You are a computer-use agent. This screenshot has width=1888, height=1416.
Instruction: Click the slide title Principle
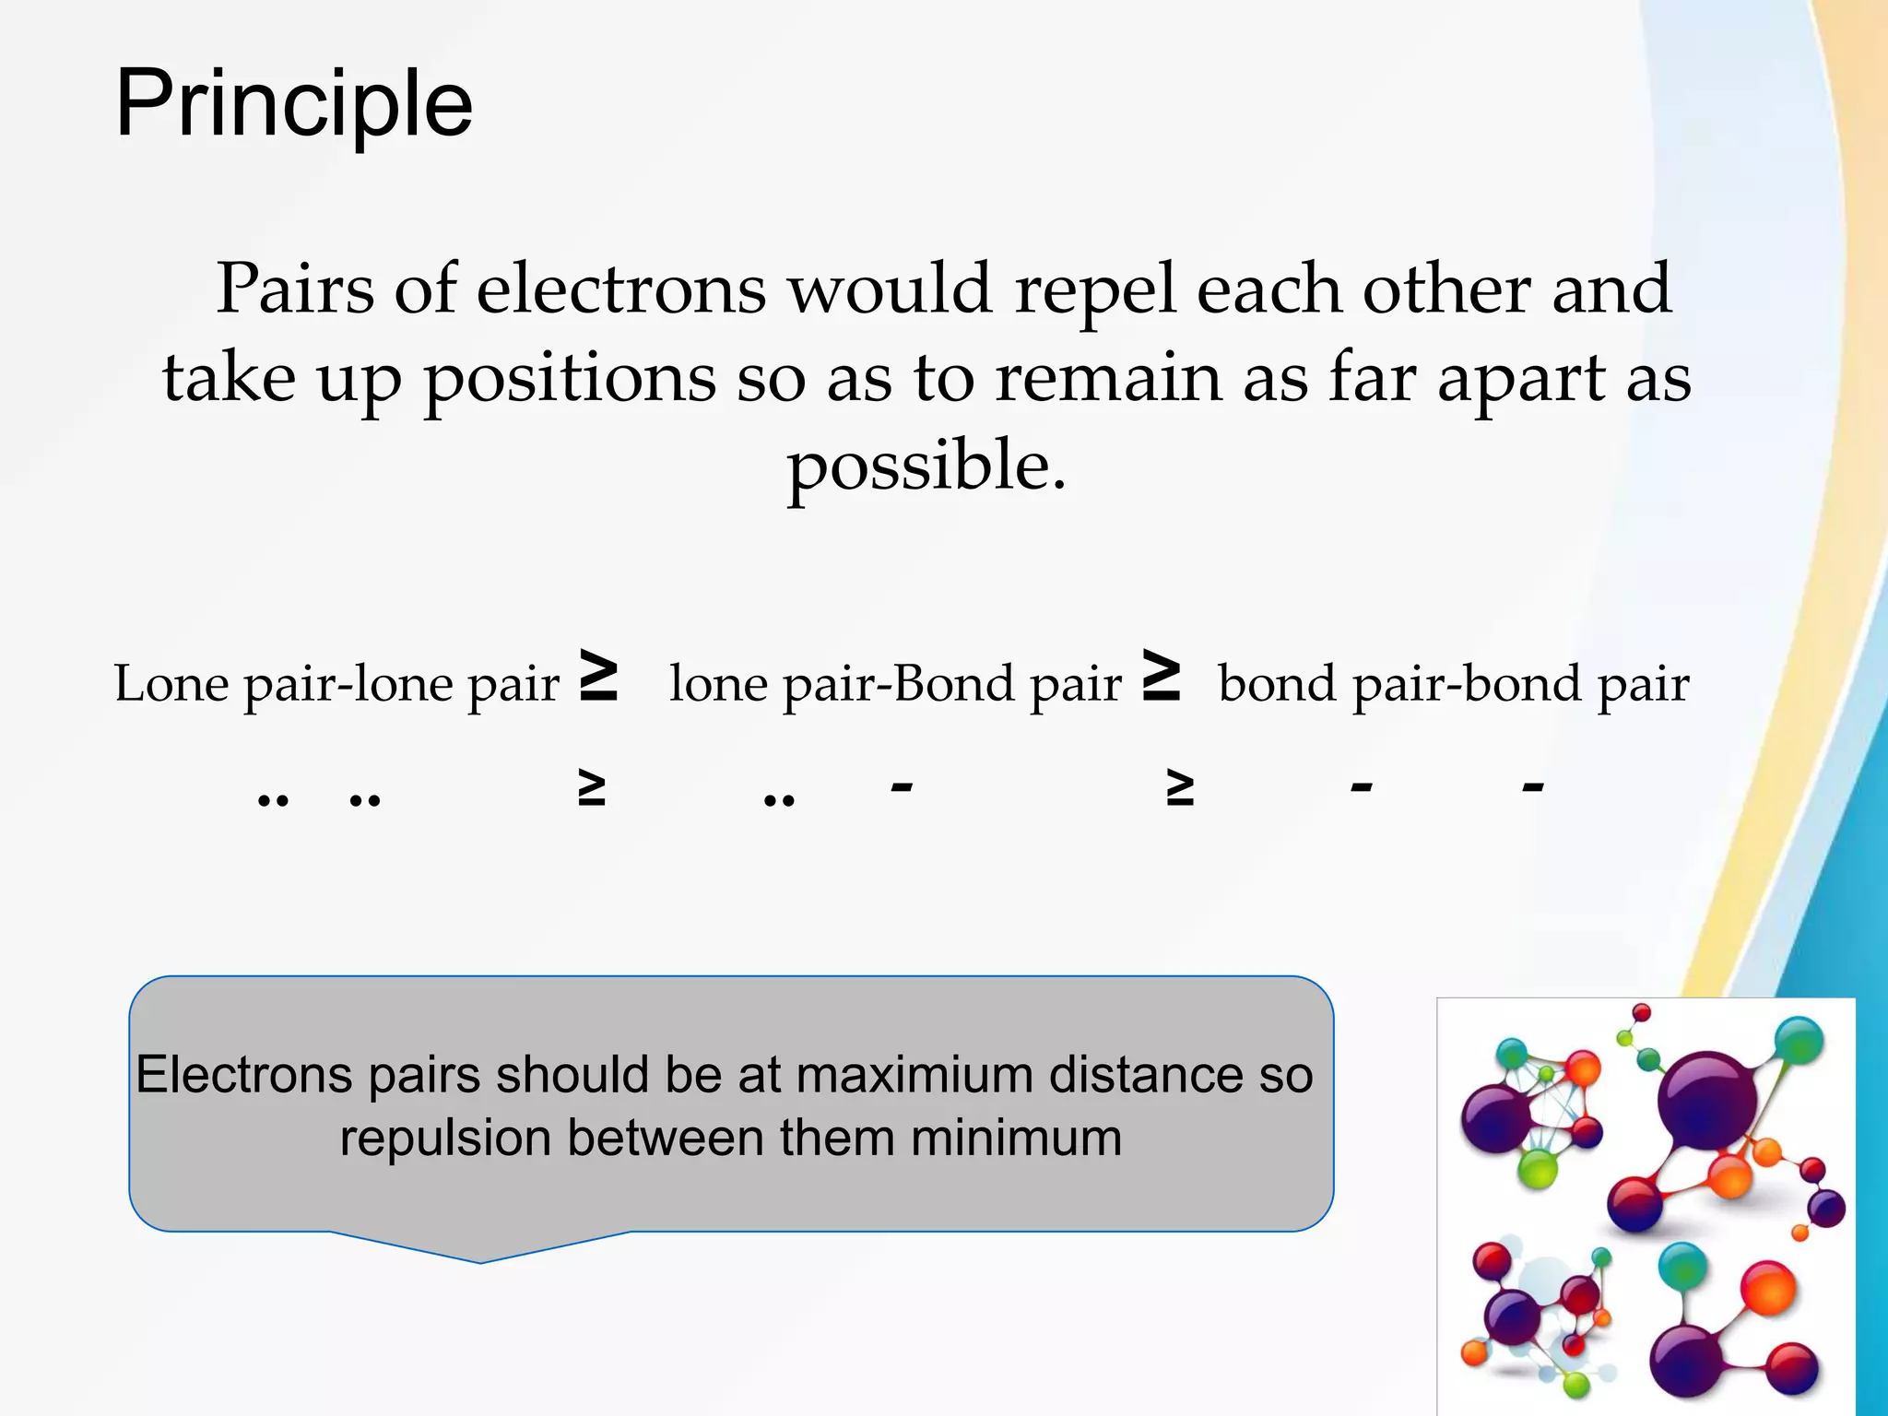[x=293, y=104]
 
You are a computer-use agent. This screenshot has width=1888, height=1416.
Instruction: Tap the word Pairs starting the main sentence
[x=295, y=289]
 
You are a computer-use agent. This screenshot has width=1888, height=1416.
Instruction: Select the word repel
[x=1095, y=289]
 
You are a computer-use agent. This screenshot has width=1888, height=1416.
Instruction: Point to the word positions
[x=569, y=380]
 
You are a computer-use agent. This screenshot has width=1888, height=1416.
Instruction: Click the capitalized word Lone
[x=171, y=684]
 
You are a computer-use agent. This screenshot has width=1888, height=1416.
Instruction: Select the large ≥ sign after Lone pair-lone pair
[x=598, y=675]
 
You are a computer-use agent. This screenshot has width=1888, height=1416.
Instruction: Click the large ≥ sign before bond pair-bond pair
[x=1162, y=675]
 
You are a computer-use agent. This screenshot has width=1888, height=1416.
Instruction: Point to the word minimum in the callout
[x=1016, y=1138]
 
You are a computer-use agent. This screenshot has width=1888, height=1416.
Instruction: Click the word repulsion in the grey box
[x=444, y=1139]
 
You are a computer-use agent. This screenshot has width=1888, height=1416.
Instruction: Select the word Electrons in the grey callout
[x=243, y=1075]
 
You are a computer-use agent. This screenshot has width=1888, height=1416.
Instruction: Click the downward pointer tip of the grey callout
[x=480, y=1260]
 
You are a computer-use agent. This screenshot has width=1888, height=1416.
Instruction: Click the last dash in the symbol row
[x=1533, y=786]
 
